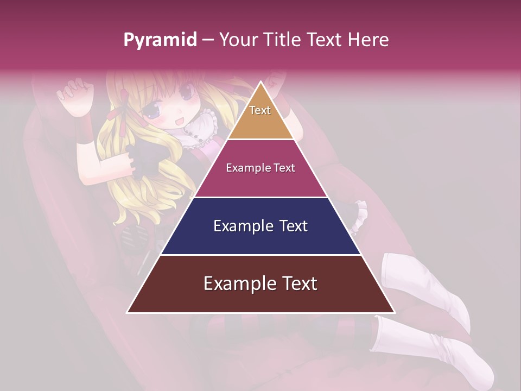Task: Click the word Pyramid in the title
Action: click(x=160, y=40)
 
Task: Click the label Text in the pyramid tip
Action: click(x=260, y=110)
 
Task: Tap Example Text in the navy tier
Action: click(x=260, y=226)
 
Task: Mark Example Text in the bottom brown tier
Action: click(x=260, y=283)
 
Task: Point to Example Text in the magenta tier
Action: click(x=260, y=168)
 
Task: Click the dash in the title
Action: click(x=208, y=40)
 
